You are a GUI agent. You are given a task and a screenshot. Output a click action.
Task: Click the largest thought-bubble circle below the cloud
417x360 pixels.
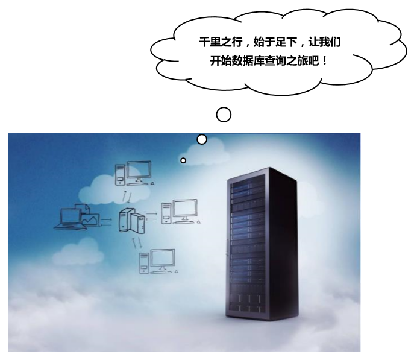(224, 114)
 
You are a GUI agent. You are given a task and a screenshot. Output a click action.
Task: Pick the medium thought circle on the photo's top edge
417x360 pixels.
(202, 139)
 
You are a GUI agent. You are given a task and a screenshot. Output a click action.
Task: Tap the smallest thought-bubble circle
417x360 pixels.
(183, 160)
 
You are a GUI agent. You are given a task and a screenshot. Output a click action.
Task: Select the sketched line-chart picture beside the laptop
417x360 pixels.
(90, 221)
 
